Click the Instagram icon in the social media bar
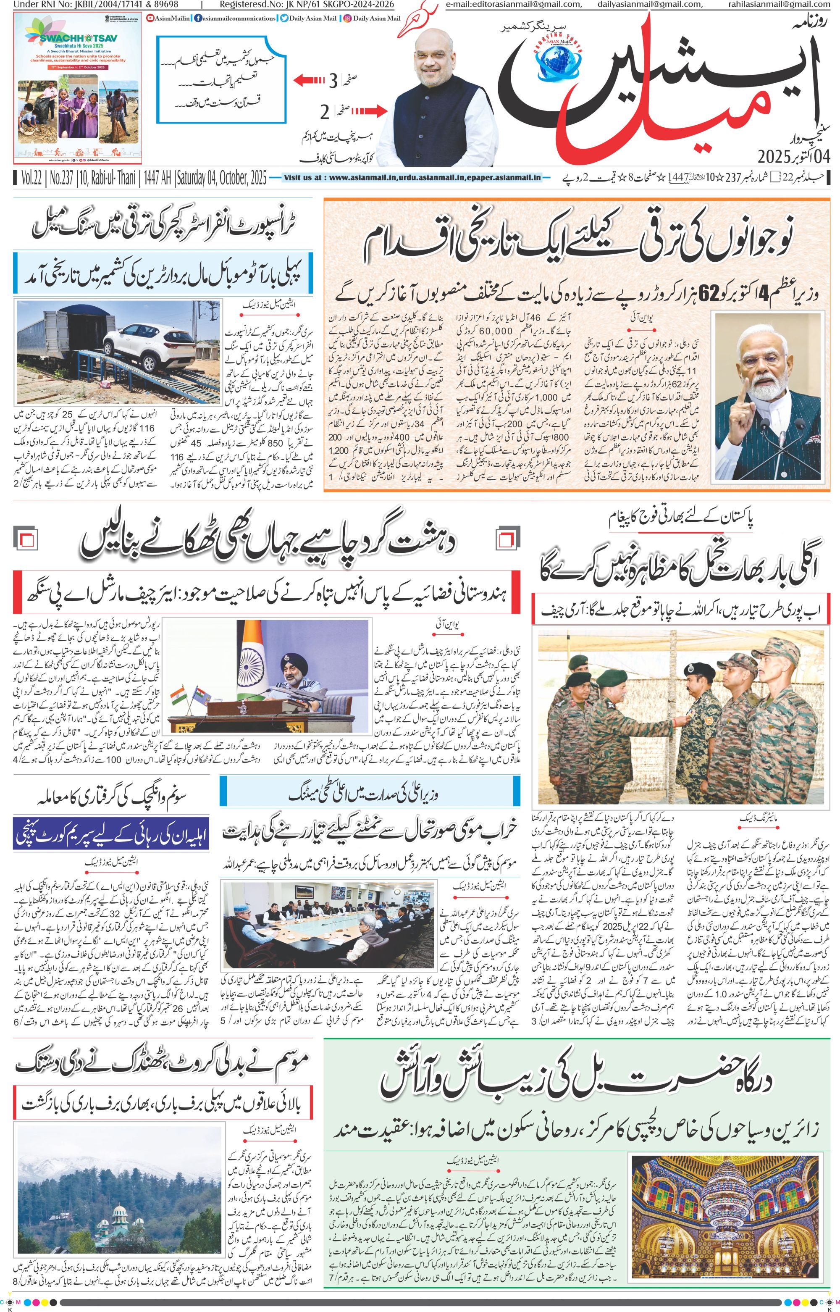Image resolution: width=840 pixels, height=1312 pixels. [346, 18]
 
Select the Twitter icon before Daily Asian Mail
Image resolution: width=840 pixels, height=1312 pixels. [283, 18]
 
